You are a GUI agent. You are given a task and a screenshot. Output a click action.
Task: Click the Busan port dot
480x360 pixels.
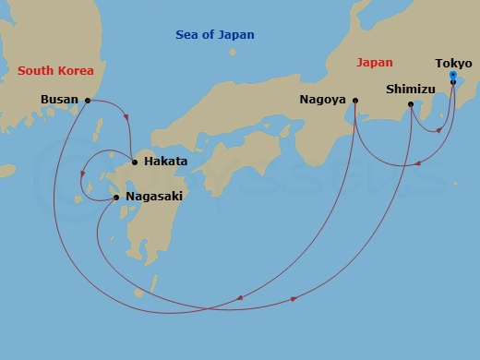pos(88,100)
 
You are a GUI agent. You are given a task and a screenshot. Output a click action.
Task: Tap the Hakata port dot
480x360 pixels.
pos(135,162)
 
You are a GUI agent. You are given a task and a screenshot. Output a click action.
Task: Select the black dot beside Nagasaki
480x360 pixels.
pos(115,197)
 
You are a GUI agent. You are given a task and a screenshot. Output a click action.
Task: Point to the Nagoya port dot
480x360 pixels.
pos(354,100)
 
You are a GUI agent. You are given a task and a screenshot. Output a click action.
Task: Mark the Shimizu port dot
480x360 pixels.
pos(411,105)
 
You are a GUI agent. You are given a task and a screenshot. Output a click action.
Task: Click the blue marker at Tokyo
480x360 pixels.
pos(452,74)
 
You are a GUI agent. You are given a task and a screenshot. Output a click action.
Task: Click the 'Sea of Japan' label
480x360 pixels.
pos(215,35)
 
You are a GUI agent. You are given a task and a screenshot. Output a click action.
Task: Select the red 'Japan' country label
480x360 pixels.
pos(374,63)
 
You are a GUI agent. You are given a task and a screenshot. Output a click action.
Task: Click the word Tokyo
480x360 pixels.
pos(453,63)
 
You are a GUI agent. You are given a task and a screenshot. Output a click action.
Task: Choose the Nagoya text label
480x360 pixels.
pos(322,100)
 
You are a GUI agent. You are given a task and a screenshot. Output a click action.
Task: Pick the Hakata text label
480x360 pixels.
pos(166,162)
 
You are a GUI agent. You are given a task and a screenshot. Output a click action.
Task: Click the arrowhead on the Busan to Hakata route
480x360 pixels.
pos(126,117)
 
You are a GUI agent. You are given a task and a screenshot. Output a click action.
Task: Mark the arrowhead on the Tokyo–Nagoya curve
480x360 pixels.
pos(418,163)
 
